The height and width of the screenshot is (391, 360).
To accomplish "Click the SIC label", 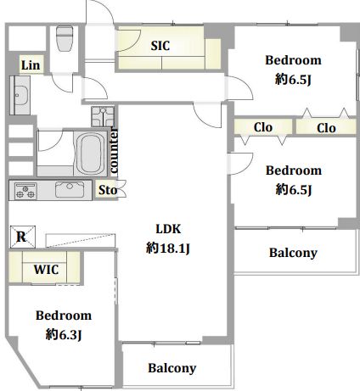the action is pos(160,46).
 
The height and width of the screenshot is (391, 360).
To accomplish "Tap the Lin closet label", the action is pos(31,65).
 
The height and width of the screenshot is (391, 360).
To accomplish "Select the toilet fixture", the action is pos(65,38).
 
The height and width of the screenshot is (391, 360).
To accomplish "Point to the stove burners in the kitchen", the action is pos(25,191).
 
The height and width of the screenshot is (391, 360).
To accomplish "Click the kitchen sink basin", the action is pos(70,189).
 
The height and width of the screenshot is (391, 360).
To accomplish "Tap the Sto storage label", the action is pos(108,190).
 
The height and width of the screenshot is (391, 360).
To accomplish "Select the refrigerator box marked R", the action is pos(23,237).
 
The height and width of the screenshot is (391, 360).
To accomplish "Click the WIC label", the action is pos(46,270).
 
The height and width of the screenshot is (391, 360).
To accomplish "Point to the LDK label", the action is pos(168,229).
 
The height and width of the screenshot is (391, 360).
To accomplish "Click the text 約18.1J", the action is pos(168,249).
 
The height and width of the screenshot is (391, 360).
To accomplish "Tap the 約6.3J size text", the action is pos(64,335).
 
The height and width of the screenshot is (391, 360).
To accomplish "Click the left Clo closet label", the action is pos(263,127).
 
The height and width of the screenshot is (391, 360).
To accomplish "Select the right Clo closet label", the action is pos(326,128).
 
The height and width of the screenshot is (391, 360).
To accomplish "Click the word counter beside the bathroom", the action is pos(114,150).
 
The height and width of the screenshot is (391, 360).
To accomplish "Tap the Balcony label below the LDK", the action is pos(172,368).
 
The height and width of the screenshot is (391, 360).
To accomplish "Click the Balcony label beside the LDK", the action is pos(293,253).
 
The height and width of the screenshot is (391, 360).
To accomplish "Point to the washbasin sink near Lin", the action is pos(21,95).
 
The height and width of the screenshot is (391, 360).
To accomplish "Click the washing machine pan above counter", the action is pos(103,116).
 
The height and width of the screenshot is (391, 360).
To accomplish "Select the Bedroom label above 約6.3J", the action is pos(64,316).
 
